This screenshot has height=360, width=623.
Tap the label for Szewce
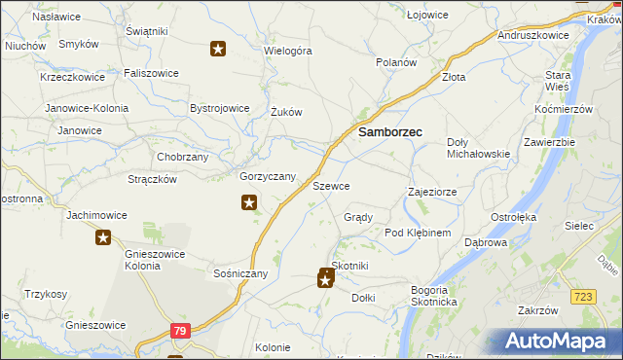pos(331,185)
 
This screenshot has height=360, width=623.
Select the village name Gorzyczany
pos(268,176)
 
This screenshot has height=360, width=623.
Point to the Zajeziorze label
pos(432,192)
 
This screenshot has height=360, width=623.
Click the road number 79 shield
pos(178,332)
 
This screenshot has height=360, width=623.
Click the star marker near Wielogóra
pos(219,49)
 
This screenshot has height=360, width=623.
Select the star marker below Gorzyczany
pos(249,202)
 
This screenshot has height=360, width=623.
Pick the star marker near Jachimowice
pos(103,236)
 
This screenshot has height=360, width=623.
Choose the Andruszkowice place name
pos(532,34)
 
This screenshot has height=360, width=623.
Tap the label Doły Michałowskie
pos(478,148)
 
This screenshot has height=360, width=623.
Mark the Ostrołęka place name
pos(514,216)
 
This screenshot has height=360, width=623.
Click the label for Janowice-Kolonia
pos(84,107)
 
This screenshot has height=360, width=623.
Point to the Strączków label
pos(152,179)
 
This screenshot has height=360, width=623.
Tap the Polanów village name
pos(397,61)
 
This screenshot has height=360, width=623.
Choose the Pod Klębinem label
pos(418,234)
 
